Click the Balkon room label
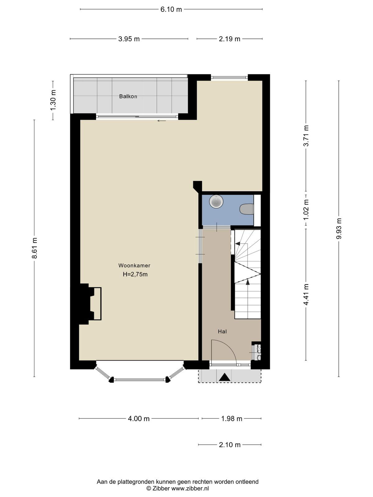128,97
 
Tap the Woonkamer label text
134,265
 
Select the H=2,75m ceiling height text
135,274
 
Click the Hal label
222,332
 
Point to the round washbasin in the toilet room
216,201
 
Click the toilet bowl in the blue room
246,209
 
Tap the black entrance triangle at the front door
225,377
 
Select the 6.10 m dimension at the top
171,10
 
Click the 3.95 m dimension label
129,39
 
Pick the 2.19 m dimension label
229,39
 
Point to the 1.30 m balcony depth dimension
53,100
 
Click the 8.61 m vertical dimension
35,248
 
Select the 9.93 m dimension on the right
339,228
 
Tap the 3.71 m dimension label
306,136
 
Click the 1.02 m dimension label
306,210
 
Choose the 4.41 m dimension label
306,294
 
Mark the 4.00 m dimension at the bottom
139,419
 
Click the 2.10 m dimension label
230,445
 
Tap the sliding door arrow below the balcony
162,121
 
